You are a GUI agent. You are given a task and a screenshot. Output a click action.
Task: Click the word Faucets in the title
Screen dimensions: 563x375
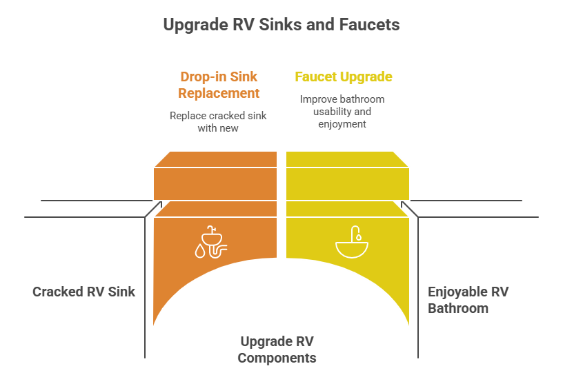pos(369,25)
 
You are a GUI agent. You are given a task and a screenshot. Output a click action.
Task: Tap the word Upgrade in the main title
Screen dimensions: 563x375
pos(196,26)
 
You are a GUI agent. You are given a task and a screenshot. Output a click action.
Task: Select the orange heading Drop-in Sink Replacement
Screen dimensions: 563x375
pos(219,85)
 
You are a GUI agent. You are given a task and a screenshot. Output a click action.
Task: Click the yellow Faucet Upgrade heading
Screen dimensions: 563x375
pos(344,77)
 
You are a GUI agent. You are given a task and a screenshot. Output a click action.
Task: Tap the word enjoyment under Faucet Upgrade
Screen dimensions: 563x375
pos(342,124)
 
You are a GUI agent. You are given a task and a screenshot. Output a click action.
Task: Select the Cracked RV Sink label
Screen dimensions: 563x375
pos(83,292)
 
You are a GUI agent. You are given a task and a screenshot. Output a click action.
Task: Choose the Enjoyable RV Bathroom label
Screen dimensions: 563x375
pos(468,300)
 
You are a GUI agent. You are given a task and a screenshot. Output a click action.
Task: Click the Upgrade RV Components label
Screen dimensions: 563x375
pos(277,349)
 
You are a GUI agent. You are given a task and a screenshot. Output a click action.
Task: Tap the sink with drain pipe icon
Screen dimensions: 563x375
pos(211,242)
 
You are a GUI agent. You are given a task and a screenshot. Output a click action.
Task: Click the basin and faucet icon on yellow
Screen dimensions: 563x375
pos(352,242)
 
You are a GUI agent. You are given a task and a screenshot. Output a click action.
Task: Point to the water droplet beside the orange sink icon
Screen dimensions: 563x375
pos(200,250)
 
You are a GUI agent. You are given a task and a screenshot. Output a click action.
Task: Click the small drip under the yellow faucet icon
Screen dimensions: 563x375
pos(358,237)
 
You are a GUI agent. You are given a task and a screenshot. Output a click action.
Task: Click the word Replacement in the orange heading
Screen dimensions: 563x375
pos(219,93)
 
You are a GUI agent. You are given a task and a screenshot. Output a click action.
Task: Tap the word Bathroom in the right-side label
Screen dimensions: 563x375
pos(458,308)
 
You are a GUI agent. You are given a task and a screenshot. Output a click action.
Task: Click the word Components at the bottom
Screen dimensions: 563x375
pos(277,358)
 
